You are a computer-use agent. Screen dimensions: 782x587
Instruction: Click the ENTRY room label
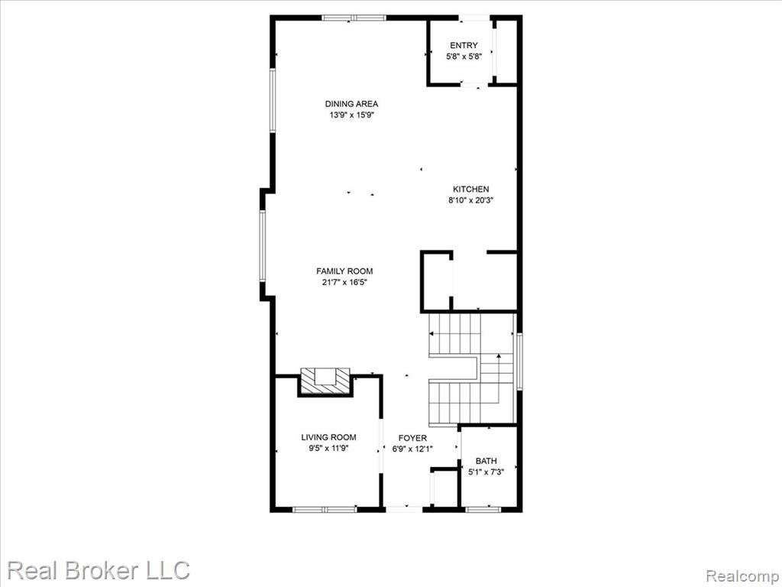(x=464, y=45)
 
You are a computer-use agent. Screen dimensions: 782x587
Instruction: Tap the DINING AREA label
(x=351, y=104)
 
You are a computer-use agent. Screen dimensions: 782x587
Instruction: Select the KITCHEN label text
(x=470, y=190)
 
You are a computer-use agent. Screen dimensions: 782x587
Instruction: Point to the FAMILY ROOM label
(x=344, y=271)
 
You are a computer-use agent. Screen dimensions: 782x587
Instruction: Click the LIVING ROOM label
(x=328, y=437)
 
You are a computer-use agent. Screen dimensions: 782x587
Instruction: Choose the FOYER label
(x=412, y=438)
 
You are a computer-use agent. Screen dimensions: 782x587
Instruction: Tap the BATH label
(x=486, y=461)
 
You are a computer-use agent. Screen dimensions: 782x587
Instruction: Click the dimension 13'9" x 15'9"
(x=351, y=115)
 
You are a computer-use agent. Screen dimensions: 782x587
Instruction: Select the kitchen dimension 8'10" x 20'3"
(x=470, y=201)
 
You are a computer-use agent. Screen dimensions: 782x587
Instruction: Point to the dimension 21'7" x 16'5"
(x=344, y=283)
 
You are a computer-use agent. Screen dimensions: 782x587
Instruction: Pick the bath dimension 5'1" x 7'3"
(x=486, y=472)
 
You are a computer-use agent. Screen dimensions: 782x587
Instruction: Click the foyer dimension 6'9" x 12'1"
(x=412, y=449)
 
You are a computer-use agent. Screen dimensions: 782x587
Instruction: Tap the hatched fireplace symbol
(x=325, y=381)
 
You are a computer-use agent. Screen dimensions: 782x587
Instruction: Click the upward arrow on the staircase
(x=498, y=378)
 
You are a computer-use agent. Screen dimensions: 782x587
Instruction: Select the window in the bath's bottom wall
(x=483, y=510)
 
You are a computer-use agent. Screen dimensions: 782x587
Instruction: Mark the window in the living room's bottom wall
(x=325, y=510)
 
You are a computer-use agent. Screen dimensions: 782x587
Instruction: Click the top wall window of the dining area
(x=354, y=18)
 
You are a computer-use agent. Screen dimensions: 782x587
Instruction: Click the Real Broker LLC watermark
(x=99, y=570)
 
